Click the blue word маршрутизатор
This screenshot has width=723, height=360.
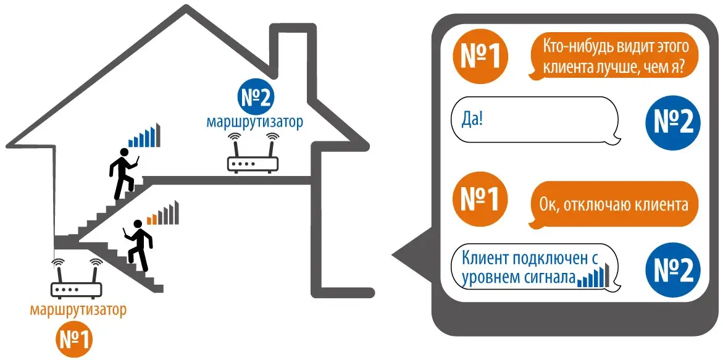255,123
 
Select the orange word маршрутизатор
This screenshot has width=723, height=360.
77,310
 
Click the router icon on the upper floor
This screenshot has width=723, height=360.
253,153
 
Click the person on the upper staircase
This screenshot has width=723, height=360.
123,174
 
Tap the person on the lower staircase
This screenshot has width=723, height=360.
136,245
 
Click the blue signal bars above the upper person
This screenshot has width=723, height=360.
144,135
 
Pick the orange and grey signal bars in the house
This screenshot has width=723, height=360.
162,213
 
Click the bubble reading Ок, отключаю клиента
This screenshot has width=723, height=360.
613,204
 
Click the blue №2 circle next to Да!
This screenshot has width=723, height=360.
673,122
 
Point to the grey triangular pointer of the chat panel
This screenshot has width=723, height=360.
412,254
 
